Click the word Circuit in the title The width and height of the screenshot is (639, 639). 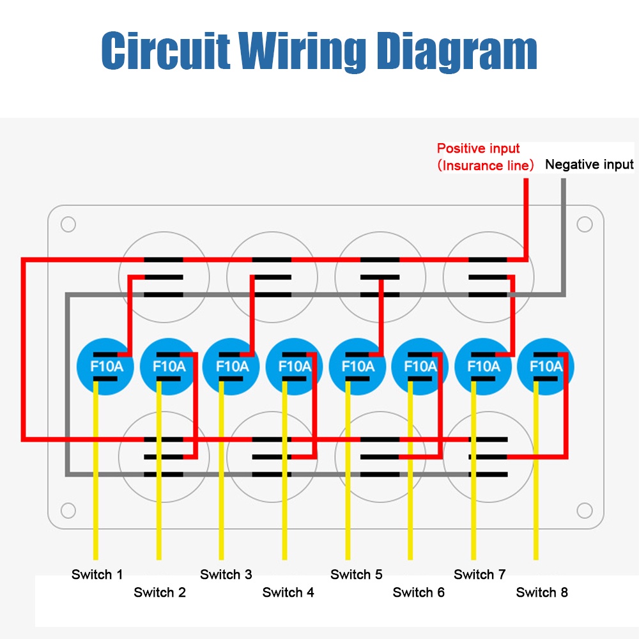tap(166, 51)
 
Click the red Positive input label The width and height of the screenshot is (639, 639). tap(479, 149)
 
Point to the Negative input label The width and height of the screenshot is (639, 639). tap(589, 165)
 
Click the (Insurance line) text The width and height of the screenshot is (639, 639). tap(486, 166)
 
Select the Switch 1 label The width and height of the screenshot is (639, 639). tap(97, 574)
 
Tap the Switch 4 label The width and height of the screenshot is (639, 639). tap(288, 592)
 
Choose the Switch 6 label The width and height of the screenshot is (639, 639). tap(419, 592)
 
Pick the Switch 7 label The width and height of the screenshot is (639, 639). tap(480, 574)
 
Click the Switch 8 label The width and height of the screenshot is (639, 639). tap(542, 592)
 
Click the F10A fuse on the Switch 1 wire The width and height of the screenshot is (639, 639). tap(104, 366)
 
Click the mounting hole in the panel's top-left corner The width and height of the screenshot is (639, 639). tap(68, 225)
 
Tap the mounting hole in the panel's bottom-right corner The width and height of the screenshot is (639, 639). tap(584, 511)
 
